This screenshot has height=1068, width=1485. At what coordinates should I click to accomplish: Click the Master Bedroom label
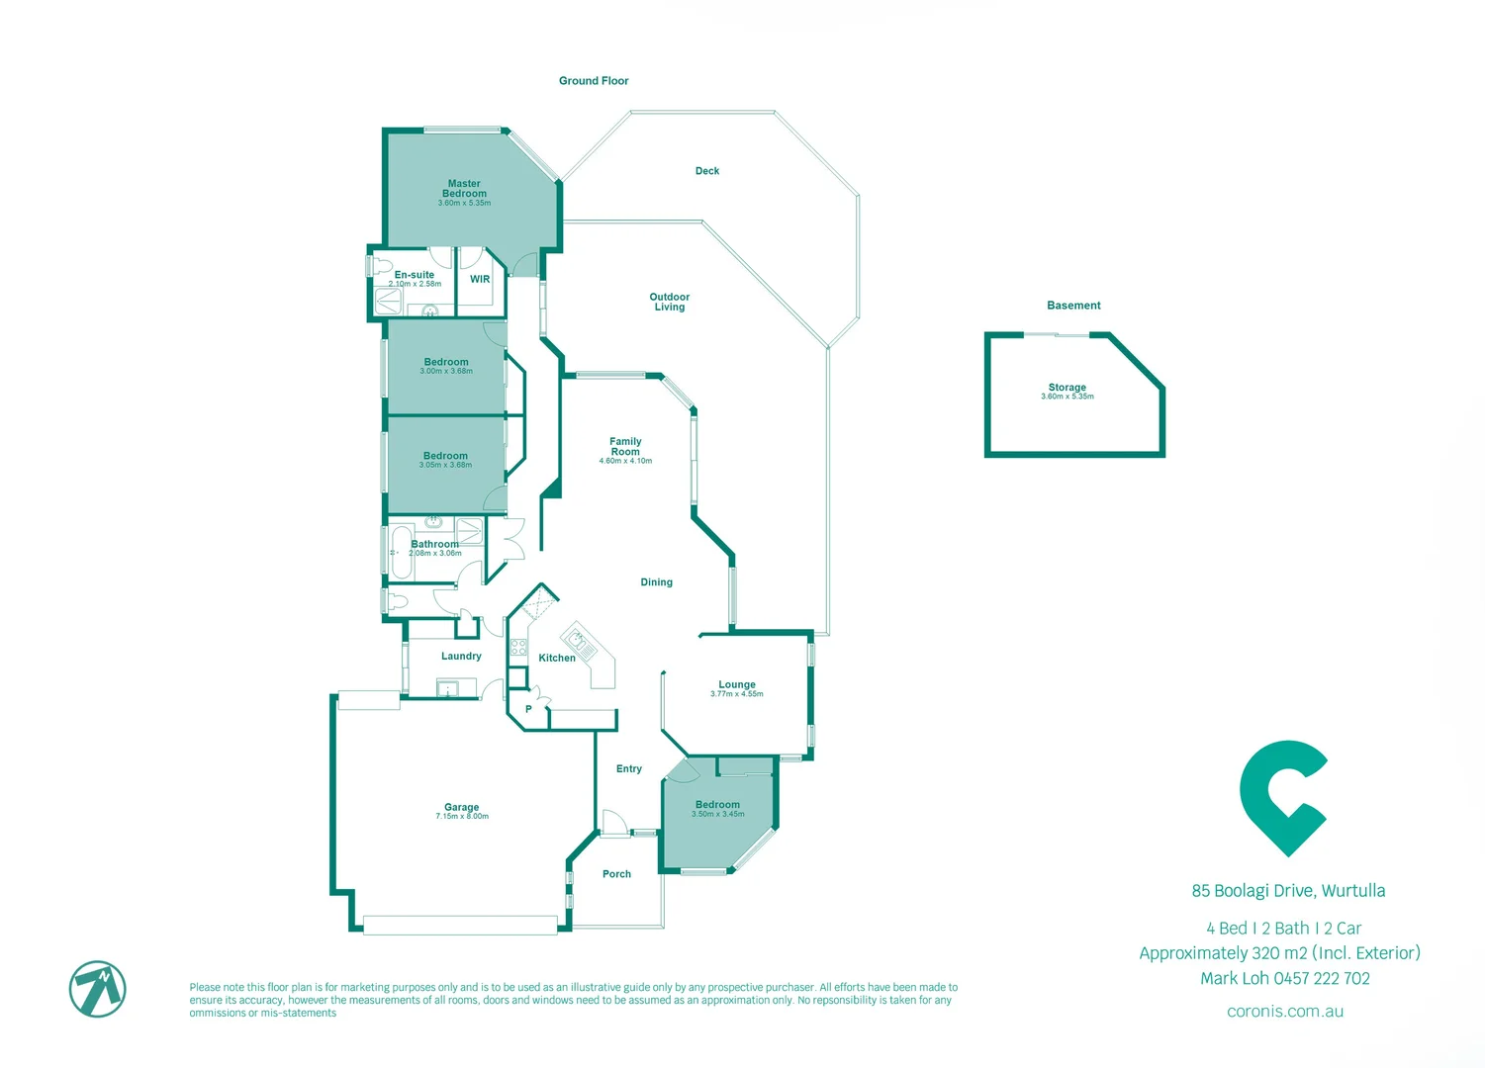464,188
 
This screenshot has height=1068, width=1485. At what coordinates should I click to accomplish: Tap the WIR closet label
480,279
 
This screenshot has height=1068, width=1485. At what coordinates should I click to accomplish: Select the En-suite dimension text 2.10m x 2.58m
415,284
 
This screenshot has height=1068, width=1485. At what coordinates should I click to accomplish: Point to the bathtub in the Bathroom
401,553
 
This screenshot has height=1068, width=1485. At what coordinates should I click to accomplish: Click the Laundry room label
461,656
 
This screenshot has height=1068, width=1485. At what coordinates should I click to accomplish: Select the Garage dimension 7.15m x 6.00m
462,817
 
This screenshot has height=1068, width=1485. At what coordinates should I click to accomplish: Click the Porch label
616,874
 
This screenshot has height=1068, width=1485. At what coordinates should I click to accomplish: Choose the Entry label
629,768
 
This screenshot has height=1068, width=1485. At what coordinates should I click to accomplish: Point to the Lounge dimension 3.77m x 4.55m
737,694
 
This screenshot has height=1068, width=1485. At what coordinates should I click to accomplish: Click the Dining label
656,582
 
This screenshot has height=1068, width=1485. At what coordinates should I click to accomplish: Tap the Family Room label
625,446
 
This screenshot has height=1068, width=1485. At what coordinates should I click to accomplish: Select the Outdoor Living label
670,302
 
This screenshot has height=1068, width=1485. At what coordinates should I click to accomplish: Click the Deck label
707,171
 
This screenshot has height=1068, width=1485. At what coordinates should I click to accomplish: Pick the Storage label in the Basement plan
1067,387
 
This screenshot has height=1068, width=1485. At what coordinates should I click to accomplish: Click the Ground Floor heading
594,81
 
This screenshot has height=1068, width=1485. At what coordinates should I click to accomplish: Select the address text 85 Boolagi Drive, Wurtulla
1288,891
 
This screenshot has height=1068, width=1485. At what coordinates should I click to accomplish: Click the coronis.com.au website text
1284,1012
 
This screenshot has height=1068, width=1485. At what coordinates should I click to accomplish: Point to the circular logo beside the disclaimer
98,988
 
